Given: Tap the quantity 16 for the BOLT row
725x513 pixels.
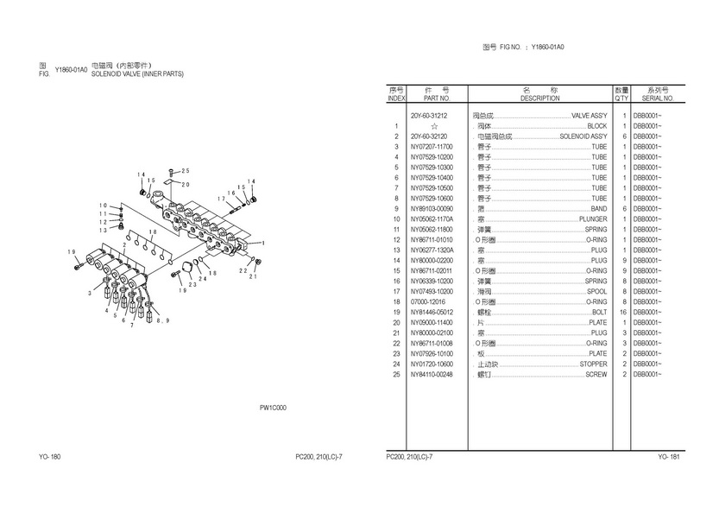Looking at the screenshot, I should [x=622, y=312].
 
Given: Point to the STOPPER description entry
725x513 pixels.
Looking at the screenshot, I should [x=592, y=364].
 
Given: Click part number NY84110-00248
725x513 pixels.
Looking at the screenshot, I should [x=431, y=374].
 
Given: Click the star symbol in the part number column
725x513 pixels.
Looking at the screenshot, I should [x=434, y=126].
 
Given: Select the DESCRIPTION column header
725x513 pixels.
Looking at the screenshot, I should [x=540, y=98].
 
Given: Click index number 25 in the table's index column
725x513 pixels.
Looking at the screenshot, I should [x=396, y=374].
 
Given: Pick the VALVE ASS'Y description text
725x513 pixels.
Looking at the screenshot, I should [x=589, y=116].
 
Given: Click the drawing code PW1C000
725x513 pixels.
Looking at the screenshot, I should [x=273, y=407].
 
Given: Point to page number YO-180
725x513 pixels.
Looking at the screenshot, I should [x=49, y=456].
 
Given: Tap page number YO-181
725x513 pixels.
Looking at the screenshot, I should [x=669, y=456].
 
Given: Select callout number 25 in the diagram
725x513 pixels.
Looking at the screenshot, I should [x=184, y=171].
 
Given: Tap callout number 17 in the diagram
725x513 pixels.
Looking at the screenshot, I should [x=222, y=199].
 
